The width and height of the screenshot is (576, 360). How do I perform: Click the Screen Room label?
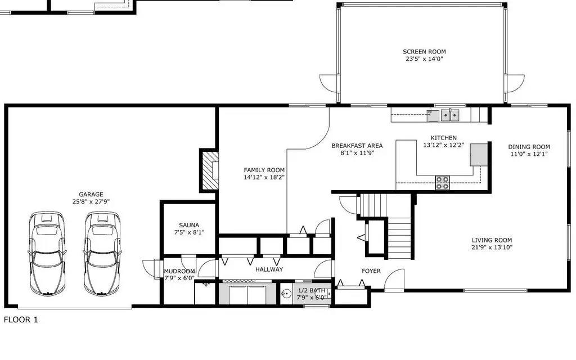[424, 52]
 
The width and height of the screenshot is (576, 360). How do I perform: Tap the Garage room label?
[91, 194]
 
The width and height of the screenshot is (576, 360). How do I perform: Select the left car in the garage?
[47, 254]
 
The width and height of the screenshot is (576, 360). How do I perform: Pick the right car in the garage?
[102, 254]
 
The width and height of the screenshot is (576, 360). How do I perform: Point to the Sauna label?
[189, 225]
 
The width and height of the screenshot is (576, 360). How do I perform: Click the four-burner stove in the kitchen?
[442, 183]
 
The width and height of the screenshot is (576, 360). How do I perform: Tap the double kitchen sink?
[450, 115]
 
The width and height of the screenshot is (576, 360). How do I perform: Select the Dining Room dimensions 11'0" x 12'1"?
[529, 154]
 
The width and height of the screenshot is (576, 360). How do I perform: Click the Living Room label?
[492, 240]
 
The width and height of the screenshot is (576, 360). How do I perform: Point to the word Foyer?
[371, 271]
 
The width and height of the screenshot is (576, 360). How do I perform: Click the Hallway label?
[269, 269]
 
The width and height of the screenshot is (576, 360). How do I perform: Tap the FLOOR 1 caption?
[21, 319]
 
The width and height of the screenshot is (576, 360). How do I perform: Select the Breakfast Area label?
[357, 146]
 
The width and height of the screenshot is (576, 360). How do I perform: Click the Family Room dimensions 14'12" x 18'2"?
[264, 177]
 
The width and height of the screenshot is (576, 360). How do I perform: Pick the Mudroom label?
[179, 272]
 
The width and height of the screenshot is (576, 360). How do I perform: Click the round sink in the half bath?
[286, 294]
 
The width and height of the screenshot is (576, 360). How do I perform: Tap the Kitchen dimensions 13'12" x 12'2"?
[443, 145]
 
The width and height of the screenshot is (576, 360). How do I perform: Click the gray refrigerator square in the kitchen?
[479, 155]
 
